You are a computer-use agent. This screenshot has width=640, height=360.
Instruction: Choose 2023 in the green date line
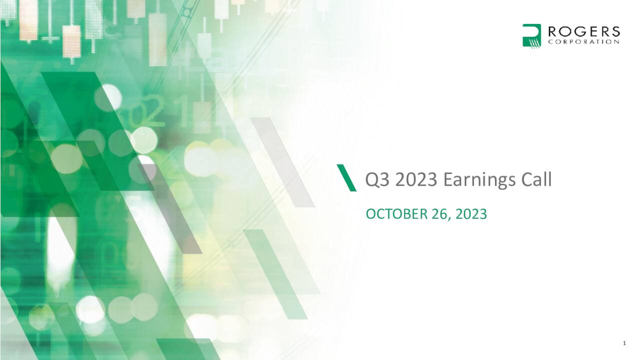pos(470,214)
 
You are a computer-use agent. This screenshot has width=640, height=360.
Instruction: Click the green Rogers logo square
pos(531,35)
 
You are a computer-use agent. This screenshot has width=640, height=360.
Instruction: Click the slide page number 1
pos(624,343)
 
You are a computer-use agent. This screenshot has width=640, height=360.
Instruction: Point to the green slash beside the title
pos(346,177)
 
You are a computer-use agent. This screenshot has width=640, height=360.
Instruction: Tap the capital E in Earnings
pos(448,180)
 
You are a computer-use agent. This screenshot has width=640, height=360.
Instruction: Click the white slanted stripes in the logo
pos(534,42)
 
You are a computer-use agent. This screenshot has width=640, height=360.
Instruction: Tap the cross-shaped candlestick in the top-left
pos(50,37)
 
